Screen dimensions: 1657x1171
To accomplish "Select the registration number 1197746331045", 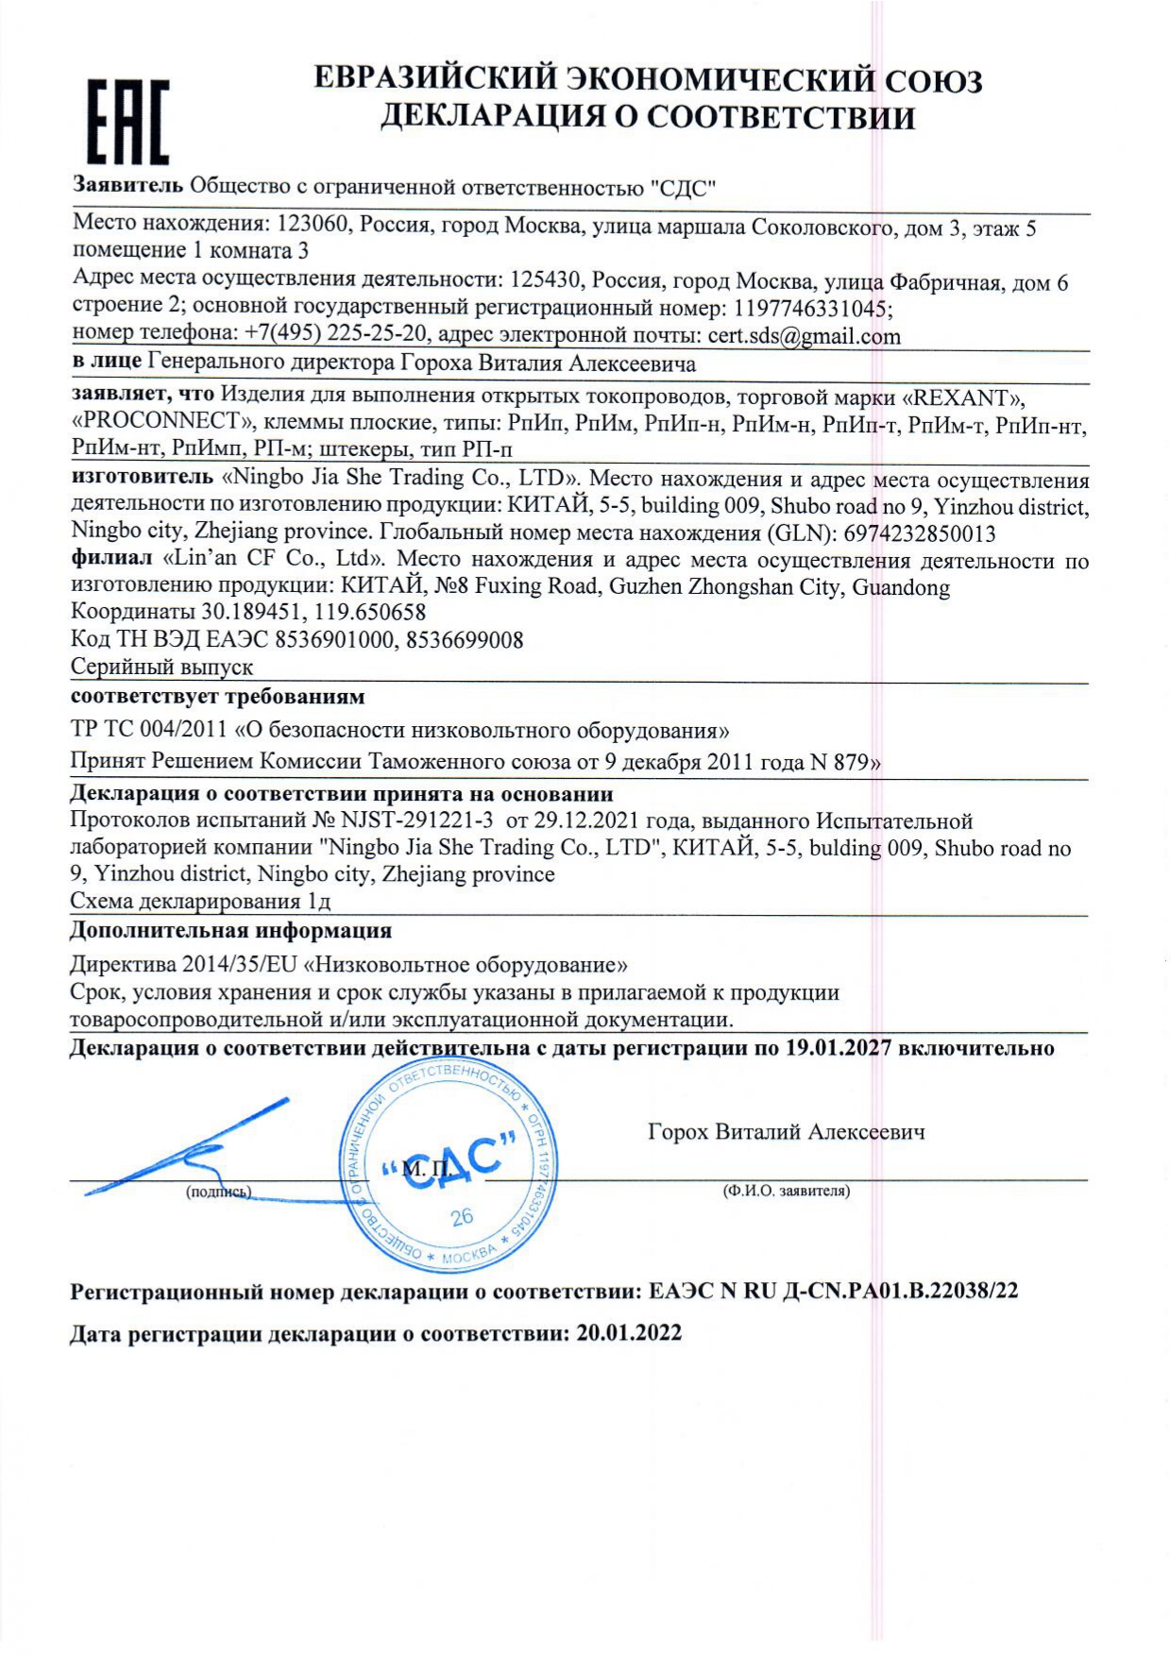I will point(810,309).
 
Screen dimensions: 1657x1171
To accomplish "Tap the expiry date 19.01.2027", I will point(838,1048).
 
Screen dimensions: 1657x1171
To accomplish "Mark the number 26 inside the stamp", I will point(462,1216).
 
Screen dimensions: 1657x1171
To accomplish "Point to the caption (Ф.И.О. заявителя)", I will point(786,1192).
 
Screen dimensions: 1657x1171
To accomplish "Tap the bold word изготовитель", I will point(142,478).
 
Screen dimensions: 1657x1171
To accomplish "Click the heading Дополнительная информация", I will point(230,931).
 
